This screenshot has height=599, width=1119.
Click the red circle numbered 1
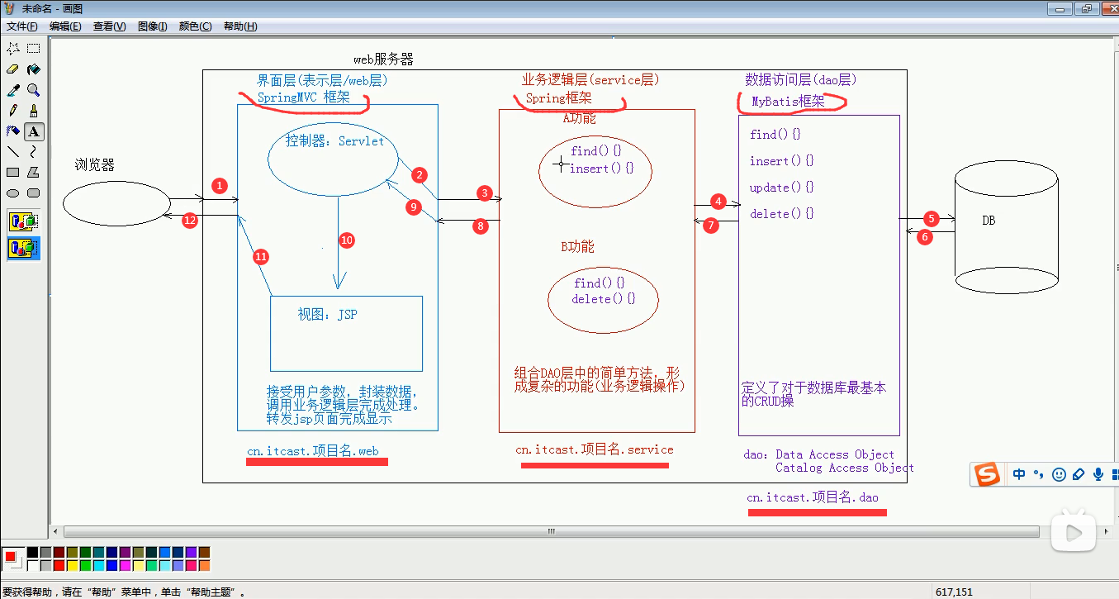(x=220, y=186)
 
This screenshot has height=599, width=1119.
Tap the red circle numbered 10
(x=347, y=240)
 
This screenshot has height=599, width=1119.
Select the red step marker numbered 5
(x=932, y=218)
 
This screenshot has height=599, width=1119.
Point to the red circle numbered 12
(x=190, y=221)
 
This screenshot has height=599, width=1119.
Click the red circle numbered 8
(x=481, y=226)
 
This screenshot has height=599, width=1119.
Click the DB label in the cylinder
(x=989, y=221)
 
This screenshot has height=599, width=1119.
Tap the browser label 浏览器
(x=94, y=165)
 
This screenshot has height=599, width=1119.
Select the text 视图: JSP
(x=328, y=314)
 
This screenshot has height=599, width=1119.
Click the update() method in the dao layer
(x=782, y=188)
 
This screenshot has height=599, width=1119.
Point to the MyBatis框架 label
(x=789, y=102)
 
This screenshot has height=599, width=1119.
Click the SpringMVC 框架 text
(x=303, y=97)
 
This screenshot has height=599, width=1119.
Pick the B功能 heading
(x=577, y=246)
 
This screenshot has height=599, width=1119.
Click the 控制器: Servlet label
(x=334, y=141)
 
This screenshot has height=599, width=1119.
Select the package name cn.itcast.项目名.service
(x=595, y=449)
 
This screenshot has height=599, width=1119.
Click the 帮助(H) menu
(x=240, y=26)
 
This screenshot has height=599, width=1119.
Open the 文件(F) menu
(x=21, y=26)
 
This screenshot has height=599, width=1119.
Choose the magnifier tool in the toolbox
(x=34, y=90)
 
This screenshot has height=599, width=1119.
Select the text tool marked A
(x=34, y=132)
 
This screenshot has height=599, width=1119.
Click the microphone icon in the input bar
(x=1098, y=474)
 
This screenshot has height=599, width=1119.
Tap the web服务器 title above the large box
(x=383, y=59)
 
